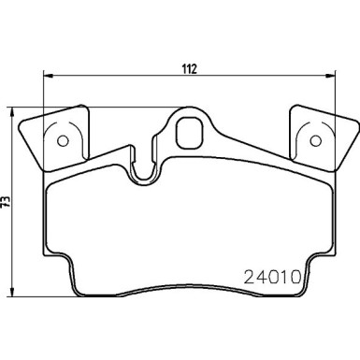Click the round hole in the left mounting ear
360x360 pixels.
tap(64, 141)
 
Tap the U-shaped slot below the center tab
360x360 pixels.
tap(144, 169)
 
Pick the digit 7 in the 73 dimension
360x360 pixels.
tap(7, 196)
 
